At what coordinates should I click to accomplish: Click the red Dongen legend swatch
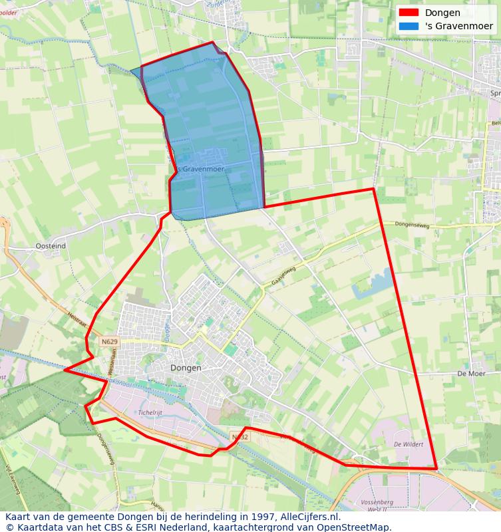tap(409, 13)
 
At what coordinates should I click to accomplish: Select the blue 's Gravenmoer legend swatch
tap(409, 26)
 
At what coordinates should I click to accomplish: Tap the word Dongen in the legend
tap(442, 13)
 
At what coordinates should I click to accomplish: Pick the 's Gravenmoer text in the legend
tap(459, 26)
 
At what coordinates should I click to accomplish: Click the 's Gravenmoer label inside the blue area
tap(202, 169)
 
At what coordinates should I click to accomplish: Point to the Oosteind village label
tap(51, 246)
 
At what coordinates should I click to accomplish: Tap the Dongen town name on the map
tap(186, 367)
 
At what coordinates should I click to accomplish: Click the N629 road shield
tap(109, 342)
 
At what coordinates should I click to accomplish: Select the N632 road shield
tap(240, 437)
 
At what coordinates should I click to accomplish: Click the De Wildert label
tap(408, 444)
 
